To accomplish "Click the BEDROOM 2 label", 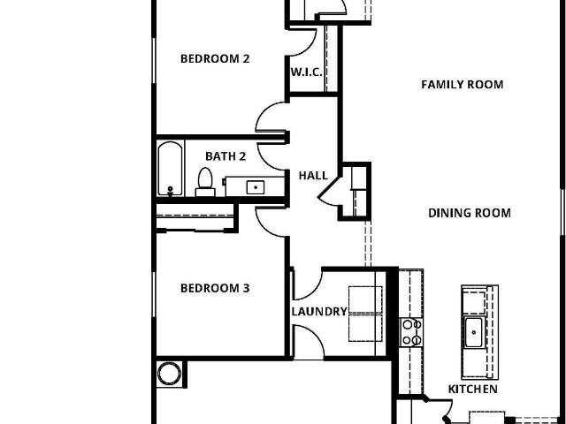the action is pos(215,59).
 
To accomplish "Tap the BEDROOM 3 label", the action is pos(215,288).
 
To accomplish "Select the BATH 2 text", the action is pos(226,156).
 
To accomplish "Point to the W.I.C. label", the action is pos(307,72).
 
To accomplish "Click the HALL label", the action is pos(313,176).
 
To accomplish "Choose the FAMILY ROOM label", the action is pos(463,85).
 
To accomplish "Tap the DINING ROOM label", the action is pos(470,213).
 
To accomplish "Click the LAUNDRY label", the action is pos(319,312).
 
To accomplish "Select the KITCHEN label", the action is pos(473,389).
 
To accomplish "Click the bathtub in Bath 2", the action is pos(171,169).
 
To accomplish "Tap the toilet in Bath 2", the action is pos(205,182).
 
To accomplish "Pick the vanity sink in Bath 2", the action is pos(256,187).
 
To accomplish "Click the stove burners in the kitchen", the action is pos(411,332).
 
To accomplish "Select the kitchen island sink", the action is pos(473,332).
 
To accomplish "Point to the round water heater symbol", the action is pos(169,374).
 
